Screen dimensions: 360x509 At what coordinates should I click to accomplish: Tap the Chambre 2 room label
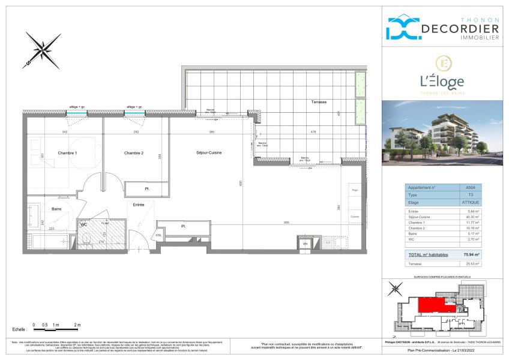click(134, 153)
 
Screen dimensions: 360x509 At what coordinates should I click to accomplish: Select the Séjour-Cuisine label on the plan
click(208, 153)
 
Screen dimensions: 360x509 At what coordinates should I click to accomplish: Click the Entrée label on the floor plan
click(139, 205)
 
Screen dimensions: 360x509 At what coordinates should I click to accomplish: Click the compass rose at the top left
click(43, 49)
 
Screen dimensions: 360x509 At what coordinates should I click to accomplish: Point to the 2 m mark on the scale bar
click(77, 325)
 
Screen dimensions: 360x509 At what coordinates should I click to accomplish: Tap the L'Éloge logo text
click(442, 81)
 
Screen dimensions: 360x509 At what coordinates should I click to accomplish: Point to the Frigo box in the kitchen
click(354, 191)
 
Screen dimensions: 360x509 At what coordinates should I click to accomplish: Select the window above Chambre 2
click(134, 112)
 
